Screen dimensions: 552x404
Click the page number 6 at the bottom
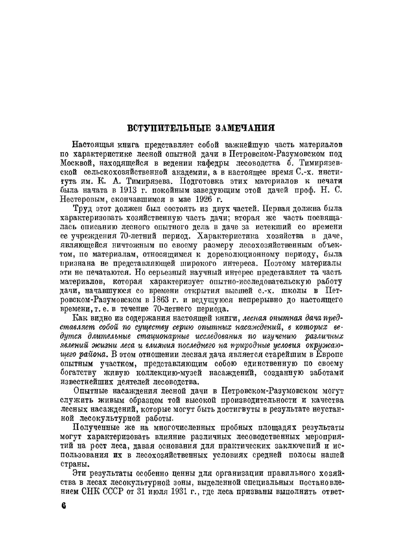(x=63, y=507)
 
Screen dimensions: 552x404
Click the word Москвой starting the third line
(x=75, y=163)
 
